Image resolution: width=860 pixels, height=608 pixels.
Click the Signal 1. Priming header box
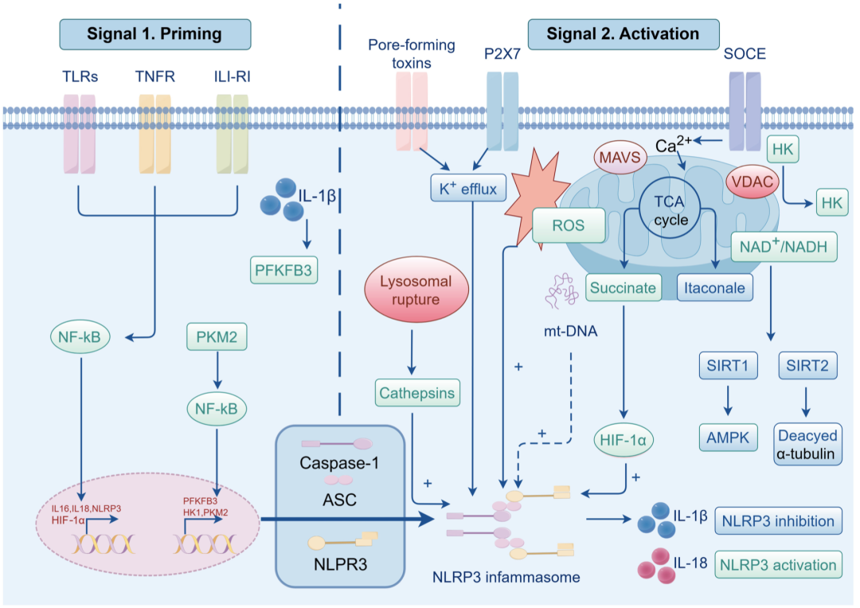click(155, 34)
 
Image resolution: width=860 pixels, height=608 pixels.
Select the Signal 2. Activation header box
click(623, 34)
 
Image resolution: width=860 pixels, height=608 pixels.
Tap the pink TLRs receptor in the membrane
click(80, 134)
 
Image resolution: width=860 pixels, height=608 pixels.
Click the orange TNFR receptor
click(155, 134)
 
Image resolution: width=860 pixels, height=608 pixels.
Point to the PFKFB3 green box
click(284, 270)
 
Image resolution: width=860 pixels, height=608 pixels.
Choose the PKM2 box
click(217, 336)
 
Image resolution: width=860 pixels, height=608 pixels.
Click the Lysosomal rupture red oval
click(416, 290)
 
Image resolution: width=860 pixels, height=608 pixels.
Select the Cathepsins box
click(417, 393)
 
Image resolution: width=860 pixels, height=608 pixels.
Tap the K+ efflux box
click(468, 188)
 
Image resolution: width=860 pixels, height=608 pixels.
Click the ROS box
click(569, 225)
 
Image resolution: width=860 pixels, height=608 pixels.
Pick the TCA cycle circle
click(670, 208)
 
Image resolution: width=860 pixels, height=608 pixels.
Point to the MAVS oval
click(620, 158)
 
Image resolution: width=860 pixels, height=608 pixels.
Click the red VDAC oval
click(752, 182)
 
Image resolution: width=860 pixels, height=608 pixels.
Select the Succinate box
click(623, 288)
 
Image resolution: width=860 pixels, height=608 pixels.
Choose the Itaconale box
click(714, 288)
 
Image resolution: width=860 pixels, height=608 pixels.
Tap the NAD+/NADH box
click(784, 246)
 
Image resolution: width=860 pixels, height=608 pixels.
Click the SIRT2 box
click(808, 366)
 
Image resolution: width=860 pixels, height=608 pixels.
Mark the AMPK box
click(729, 437)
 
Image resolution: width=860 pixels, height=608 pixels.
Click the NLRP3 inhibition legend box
click(778, 521)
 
